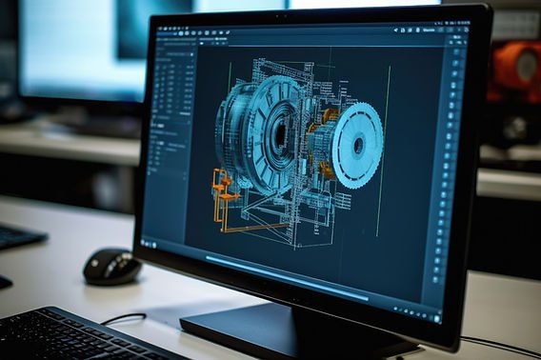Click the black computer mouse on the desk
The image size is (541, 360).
[111, 266]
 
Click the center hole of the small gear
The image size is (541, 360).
[359, 146]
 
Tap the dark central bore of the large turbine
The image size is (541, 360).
[279, 132]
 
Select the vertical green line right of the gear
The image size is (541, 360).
[383, 152]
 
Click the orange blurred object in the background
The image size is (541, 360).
[514, 71]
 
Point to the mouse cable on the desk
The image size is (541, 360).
[124, 318]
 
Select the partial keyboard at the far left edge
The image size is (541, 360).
[17, 236]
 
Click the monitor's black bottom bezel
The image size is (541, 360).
[286, 290]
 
